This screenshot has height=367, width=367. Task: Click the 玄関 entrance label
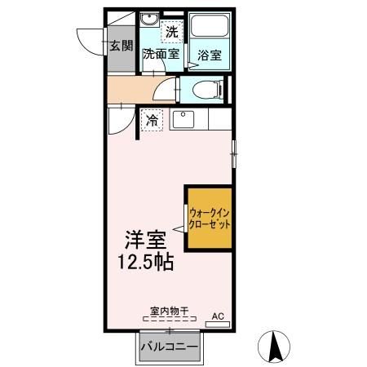(x=121, y=46)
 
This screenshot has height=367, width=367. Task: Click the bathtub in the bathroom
(x=210, y=29)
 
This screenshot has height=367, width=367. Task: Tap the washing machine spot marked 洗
(x=170, y=32)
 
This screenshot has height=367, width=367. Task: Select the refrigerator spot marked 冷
(x=153, y=121)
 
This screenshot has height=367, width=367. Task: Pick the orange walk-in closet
(x=208, y=217)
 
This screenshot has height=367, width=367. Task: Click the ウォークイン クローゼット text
(x=209, y=218)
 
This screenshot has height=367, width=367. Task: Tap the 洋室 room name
(x=145, y=241)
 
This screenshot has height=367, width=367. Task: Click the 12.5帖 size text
(x=148, y=263)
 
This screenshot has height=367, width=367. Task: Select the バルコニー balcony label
(x=169, y=346)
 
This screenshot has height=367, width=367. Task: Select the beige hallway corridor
(x=130, y=90)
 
